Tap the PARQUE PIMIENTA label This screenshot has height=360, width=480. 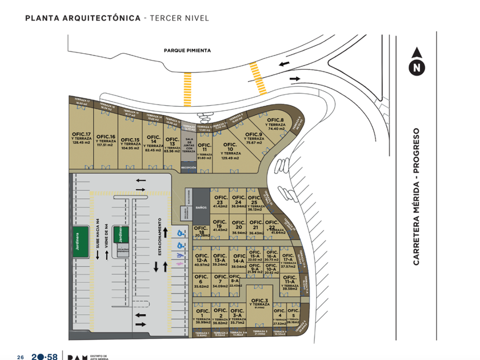tap(187, 50)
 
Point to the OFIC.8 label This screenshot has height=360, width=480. tap(276, 120)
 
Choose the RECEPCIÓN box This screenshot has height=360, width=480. tap(189, 167)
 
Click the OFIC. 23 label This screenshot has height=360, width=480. tap(220, 200)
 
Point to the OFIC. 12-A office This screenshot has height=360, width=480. tap(201, 261)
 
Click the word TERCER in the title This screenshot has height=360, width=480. tap(166, 18)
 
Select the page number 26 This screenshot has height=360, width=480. tap(19, 357)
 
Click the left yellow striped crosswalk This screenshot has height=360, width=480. tap(187, 89)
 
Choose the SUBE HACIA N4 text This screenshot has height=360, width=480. tap(98, 239)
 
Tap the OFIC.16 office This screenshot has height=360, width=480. tap(106, 140)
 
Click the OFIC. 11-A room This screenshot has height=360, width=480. tap(289, 282)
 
